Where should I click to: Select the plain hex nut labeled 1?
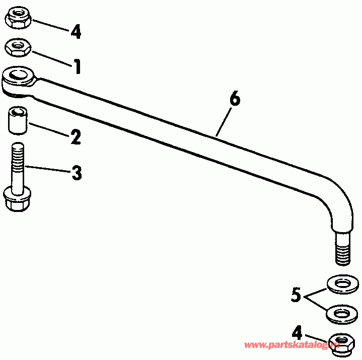click(x=19, y=48)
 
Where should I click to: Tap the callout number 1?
click(x=77, y=66)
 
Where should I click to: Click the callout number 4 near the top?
click(x=76, y=32)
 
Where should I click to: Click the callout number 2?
click(x=76, y=137)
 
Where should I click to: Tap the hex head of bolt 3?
click(x=16, y=200)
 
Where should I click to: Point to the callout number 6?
click(x=234, y=99)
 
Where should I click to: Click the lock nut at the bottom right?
click(x=341, y=342)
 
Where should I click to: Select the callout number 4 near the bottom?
click(x=298, y=332)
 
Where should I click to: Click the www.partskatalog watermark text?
click(x=292, y=345)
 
